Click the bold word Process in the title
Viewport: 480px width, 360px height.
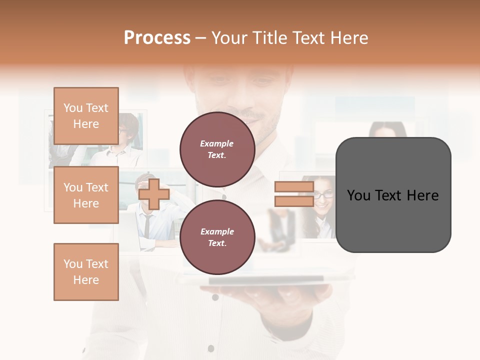pyautogui.click(x=157, y=38)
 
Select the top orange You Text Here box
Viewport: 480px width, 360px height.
pyautogui.click(x=86, y=116)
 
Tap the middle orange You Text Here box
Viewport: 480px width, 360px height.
pyautogui.click(x=86, y=195)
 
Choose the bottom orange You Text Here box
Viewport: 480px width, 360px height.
pyautogui.click(x=86, y=271)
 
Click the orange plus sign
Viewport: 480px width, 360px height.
pyautogui.click(x=154, y=194)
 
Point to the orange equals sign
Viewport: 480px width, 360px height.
pyautogui.click(x=294, y=194)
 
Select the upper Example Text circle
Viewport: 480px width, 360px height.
pyautogui.click(x=217, y=149)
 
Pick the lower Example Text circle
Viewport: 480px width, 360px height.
pyautogui.click(x=217, y=237)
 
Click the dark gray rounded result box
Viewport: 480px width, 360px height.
pyautogui.click(x=393, y=195)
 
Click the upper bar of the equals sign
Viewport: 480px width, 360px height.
pyautogui.click(x=294, y=187)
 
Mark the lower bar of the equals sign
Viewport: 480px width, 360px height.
pyautogui.click(x=294, y=201)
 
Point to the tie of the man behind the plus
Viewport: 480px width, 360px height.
pyautogui.click(x=147, y=225)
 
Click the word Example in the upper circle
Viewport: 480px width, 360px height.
pyautogui.click(x=217, y=143)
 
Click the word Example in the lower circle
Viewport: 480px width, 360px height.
pyautogui.click(x=217, y=231)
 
